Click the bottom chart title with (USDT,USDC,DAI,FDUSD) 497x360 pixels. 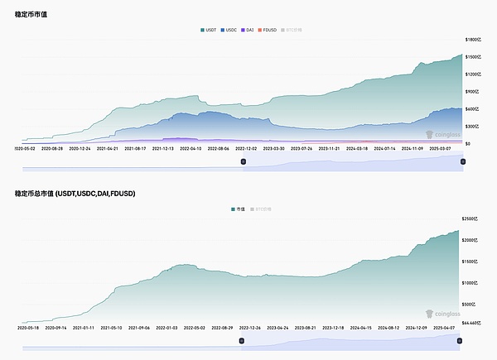[x=75, y=194]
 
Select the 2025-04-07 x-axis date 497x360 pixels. [x=443, y=328]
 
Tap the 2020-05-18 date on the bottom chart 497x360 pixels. [x=28, y=328]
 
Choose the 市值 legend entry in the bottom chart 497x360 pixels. [x=240, y=209]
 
